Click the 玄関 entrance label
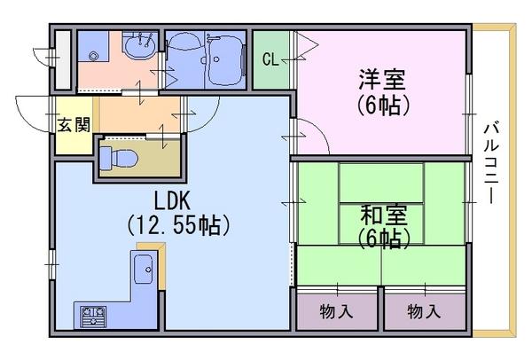tap(74, 125)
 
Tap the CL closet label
tap(270, 59)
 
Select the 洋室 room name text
tap(382, 80)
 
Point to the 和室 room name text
tap(383, 215)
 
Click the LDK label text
tap(172, 200)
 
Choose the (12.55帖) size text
tap(179, 225)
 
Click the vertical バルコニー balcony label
tap(490, 162)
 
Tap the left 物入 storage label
tap(336, 311)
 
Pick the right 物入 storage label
tap(424, 311)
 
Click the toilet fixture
tap(119, 158)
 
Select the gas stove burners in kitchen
tap(93, 317)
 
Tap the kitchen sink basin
tap(144, 269)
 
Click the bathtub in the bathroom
tap(224, 60)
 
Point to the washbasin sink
tap(139, 48)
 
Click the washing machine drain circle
tap(93, 57)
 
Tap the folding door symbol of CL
tap(307, 45)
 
